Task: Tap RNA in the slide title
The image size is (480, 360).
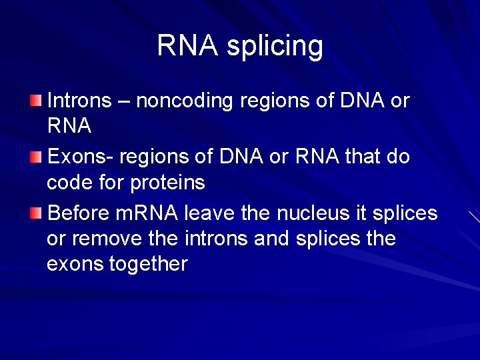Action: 187,45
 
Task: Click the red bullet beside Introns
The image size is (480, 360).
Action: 35,101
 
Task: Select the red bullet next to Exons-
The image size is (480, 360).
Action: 35,157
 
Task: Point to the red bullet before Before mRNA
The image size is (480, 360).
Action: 35,213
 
